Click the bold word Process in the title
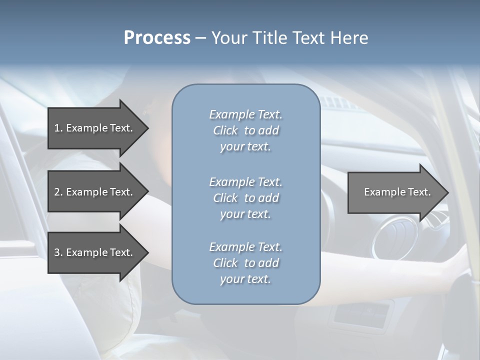(157, 37)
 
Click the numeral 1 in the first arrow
(57, 128)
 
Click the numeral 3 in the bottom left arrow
(57, 252)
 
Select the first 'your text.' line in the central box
(245, 147)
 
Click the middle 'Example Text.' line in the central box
(245, 181)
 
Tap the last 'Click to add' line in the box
(245, 263)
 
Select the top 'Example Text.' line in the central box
(245, 114)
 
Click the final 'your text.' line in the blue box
(245, 279)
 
